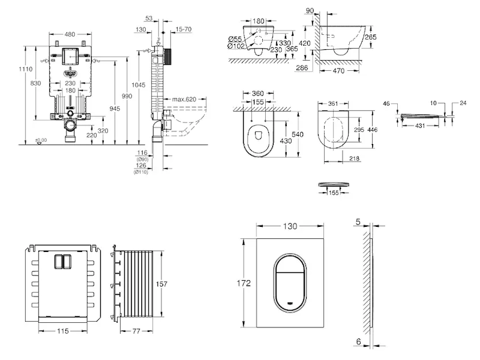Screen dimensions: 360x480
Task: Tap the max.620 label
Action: click(x=184, y=98)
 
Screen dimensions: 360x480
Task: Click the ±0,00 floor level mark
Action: click(x=41, y=140)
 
